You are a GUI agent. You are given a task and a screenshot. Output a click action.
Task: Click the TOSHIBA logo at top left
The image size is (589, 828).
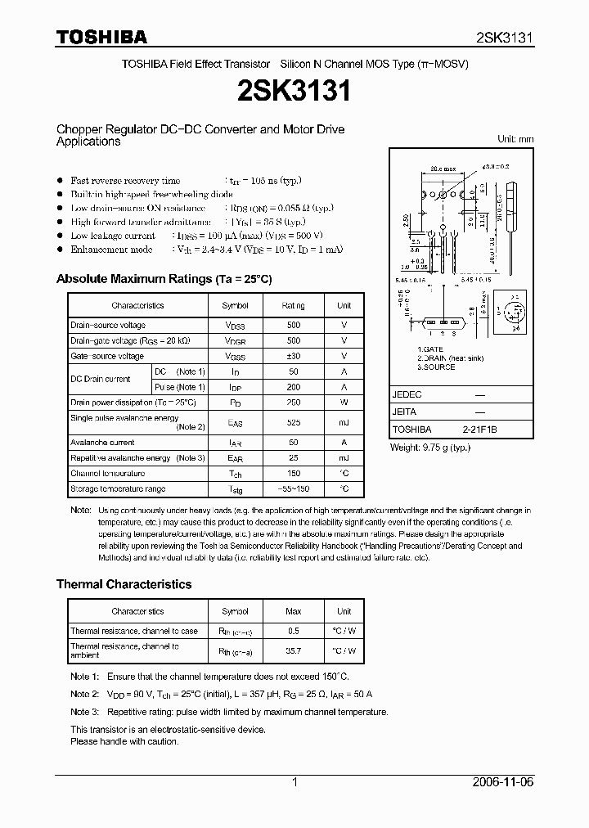coord(101,37)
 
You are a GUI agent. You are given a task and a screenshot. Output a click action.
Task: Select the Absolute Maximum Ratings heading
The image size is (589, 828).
coord(164,279)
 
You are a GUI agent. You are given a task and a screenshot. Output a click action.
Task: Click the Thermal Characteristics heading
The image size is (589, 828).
coord(124,584)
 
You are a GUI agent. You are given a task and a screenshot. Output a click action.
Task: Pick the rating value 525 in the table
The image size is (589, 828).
coord(294,423)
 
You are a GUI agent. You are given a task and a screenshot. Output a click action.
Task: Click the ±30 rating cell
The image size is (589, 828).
coord(294,356)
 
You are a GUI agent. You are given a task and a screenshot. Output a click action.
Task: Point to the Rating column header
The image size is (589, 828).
coord(294,305)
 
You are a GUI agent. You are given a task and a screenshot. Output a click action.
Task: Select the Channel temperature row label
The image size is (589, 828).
coord(107,474)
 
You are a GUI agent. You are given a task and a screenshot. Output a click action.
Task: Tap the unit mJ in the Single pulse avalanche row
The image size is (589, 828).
coord(344,423)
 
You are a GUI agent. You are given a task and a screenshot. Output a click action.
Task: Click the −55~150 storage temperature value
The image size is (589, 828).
coord(294,489)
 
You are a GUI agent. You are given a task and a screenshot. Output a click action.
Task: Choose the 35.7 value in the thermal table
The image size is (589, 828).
coord(294,651)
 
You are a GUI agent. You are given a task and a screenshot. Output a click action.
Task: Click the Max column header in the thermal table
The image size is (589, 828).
coord(294,611)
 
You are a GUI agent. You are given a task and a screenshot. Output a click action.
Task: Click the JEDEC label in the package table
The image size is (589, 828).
coord(407,394)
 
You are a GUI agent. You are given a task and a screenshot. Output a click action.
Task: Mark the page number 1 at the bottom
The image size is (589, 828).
coord(294,782)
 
